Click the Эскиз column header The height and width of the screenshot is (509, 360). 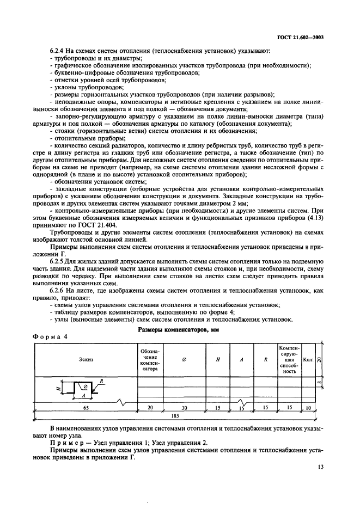pos(85,359)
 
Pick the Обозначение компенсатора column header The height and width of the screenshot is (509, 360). pos(148,359)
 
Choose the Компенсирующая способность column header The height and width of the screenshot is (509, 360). pos(289,359)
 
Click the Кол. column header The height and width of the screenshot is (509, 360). pos(308,359)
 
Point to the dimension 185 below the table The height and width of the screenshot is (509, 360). pos(175,415)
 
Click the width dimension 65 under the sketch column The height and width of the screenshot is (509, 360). pos(86,407)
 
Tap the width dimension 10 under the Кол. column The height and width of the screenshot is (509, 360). pos(308,407)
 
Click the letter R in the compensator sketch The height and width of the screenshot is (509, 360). pos(102,382)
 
